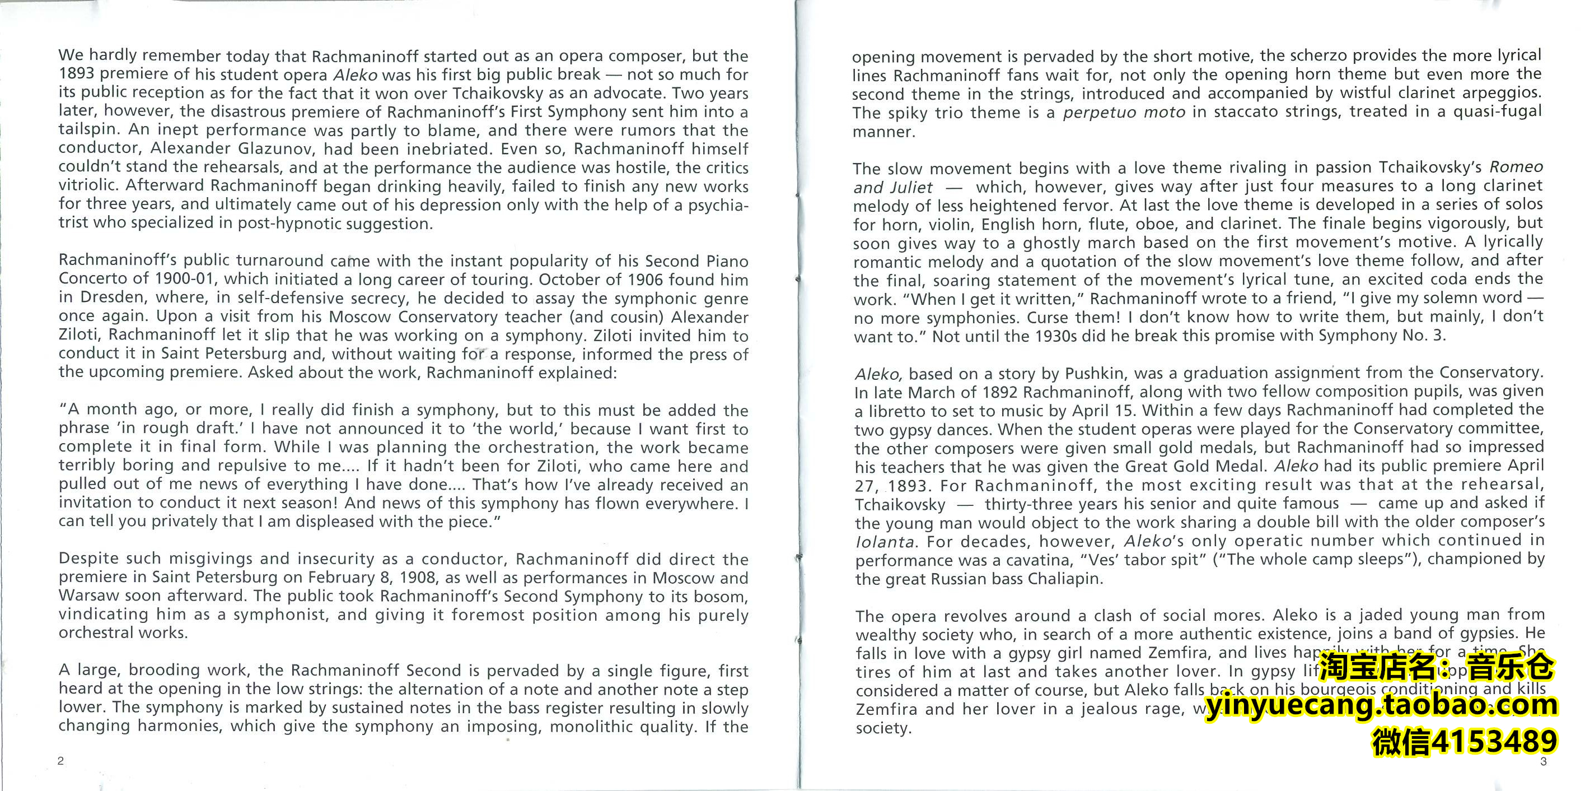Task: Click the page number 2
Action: [60, 761]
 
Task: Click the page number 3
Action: [1542, 761]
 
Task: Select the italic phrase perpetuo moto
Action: [1124, 113]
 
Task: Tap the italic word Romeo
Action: [1516, 167]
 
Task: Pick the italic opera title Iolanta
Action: [884, 542]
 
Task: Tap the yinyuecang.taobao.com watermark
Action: [1381, 705]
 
